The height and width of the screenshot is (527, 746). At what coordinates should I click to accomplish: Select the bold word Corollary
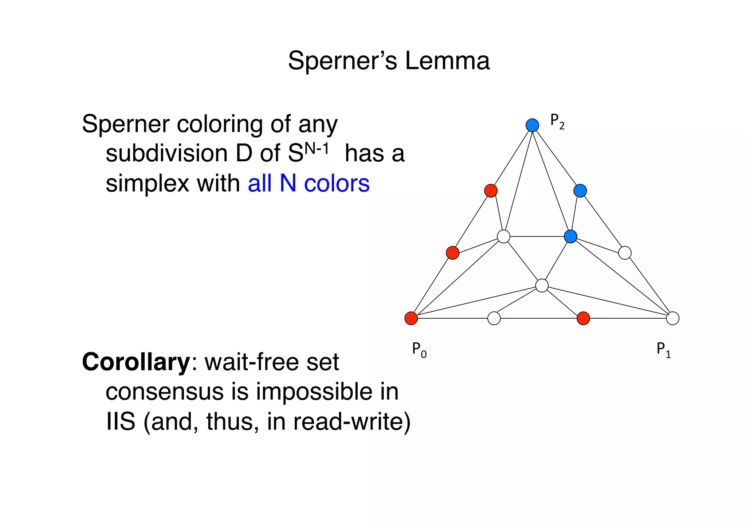(136, 362)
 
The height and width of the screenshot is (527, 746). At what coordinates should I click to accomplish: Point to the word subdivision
(167, 153)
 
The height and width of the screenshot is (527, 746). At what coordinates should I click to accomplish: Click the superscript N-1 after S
(317, 148)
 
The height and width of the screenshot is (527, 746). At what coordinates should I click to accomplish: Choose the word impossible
(314, 392)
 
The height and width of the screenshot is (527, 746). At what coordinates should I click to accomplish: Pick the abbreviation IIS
(121, 422)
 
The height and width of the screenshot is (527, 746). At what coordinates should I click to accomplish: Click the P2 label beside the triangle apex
(557, 121)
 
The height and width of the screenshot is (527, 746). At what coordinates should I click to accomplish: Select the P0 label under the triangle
(419, 350)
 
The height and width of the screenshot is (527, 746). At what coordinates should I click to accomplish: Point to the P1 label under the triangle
(663, 350)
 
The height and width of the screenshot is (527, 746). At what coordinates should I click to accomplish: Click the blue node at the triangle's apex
(532, 125)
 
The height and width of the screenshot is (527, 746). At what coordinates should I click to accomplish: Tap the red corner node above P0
(411, 318)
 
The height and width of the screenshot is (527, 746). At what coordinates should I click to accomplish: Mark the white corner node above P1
(672, 318)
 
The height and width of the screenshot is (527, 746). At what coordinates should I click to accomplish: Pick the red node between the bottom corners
(583, 318)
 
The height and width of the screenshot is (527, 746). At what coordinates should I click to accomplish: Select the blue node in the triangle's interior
(570, 236)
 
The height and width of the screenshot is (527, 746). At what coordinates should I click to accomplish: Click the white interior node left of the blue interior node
(503, 236)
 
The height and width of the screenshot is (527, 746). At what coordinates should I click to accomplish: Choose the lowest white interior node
(542, 286)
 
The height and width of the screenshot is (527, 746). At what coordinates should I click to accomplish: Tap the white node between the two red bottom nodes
(494, 318)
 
